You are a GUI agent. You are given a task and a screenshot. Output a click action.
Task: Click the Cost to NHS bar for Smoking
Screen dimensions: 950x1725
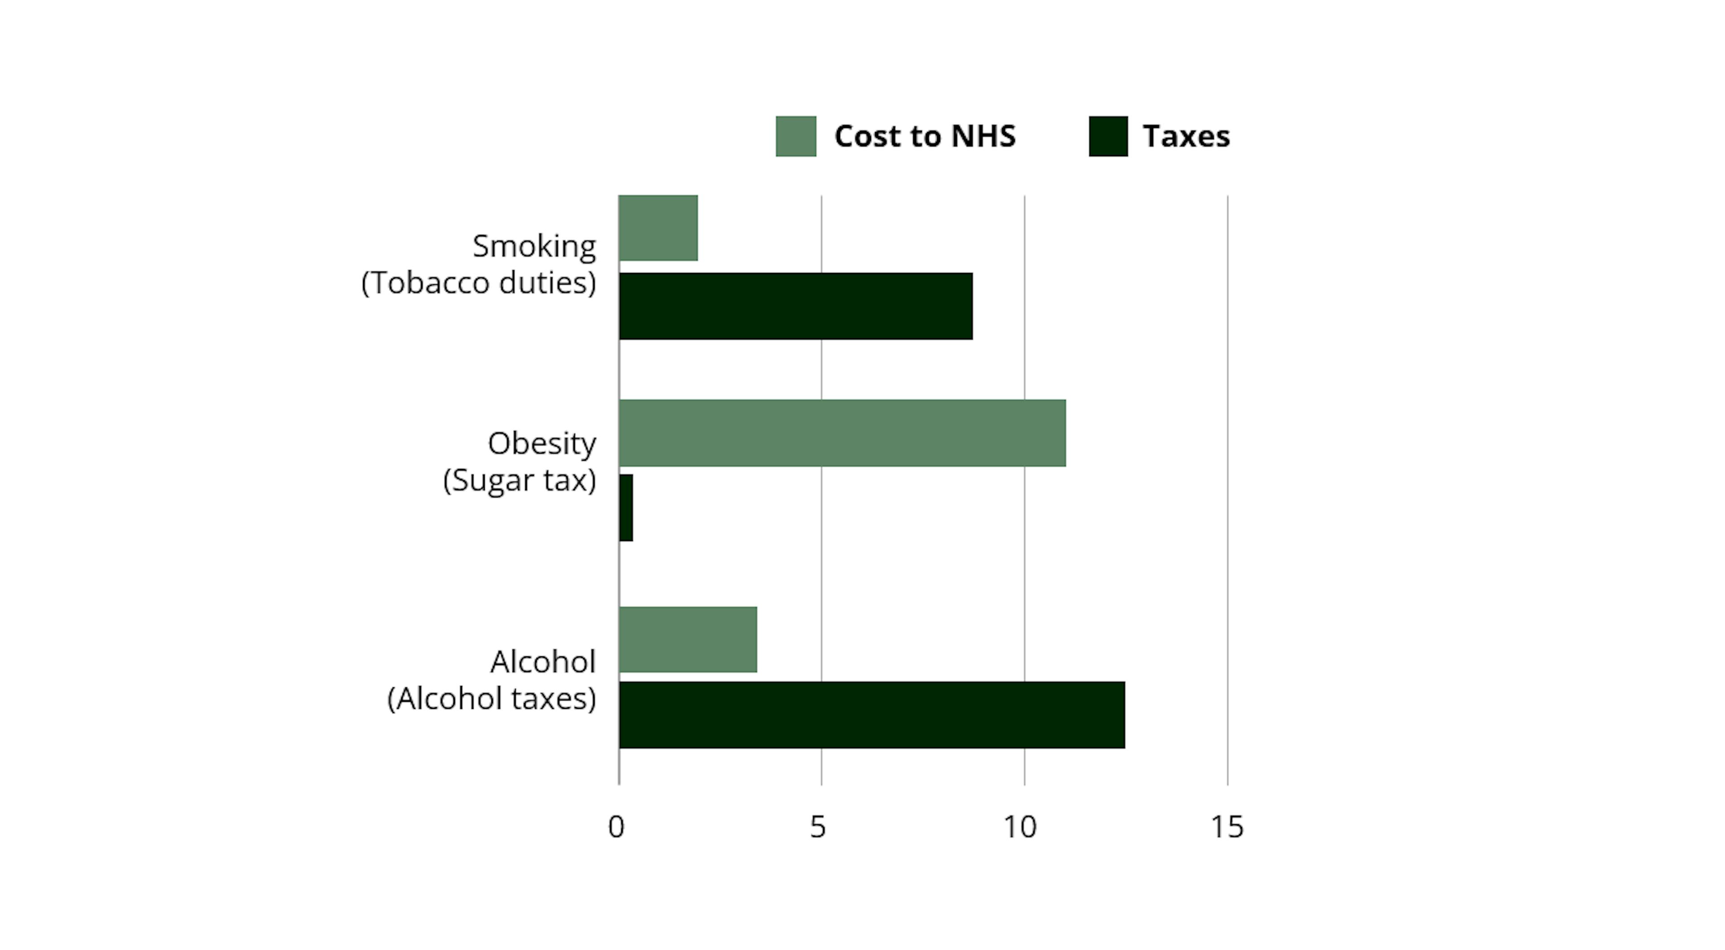click(658, 228)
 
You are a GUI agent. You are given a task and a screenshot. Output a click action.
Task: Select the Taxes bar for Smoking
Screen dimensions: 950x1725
click(796, 306)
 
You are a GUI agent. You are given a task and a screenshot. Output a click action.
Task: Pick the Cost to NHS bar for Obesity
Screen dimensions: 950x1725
click(842, 433)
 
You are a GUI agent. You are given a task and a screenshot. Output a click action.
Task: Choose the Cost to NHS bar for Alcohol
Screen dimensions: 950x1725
click(688, 639)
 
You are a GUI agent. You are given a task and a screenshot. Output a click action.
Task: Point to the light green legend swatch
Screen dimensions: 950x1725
click(796, 136)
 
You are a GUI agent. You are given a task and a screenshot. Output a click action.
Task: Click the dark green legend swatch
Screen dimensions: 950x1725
click(1108, 136)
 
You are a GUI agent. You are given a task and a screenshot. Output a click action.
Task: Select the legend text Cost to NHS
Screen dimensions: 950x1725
click(925, 136)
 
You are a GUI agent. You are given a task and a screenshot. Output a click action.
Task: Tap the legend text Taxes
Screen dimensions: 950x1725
click(1186, 136)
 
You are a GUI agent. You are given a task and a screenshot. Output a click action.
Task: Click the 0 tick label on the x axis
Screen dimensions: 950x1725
click(616, 827)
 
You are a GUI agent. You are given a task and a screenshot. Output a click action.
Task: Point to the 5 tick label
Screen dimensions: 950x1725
click(818, 827)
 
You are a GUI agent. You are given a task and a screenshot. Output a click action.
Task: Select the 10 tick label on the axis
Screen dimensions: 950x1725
click(1019, 827)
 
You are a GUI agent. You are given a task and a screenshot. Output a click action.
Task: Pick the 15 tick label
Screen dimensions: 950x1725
click(1227, 827)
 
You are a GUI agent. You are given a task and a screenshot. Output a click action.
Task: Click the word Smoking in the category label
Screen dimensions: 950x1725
click(534, 246)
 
